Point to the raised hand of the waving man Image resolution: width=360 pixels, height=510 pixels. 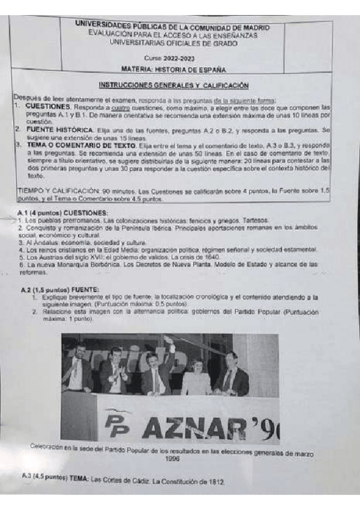click(172, 348)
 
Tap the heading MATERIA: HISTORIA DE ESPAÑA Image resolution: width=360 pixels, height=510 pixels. click(181, 69)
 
